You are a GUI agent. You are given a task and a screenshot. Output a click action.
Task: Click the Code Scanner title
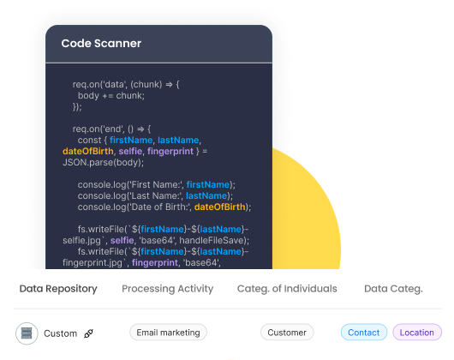tap(101, 43)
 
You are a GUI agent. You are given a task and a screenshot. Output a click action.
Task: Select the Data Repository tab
tap(58, 289)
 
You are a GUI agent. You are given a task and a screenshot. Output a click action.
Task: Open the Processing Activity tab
tap(167, 289)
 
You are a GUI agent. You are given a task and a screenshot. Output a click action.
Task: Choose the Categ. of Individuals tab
tap(287, 289)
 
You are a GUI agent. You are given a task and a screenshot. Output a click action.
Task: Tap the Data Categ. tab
tap(393, 289)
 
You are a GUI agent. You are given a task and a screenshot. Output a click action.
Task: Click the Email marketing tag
tap(168, 333)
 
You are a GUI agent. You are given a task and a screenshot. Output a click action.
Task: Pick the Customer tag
tap(287, 333)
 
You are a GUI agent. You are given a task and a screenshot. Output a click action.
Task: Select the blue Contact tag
tap(363, 333)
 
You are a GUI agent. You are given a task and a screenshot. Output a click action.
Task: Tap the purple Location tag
tap(417, 333)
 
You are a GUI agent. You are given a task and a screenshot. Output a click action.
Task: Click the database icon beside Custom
tap(27, 333)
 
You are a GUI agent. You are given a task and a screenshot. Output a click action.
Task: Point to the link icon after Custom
tap(88, 333)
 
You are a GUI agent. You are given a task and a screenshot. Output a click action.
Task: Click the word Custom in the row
tap(60, 333)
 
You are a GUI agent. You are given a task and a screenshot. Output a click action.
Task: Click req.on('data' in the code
tap(99, 84)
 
